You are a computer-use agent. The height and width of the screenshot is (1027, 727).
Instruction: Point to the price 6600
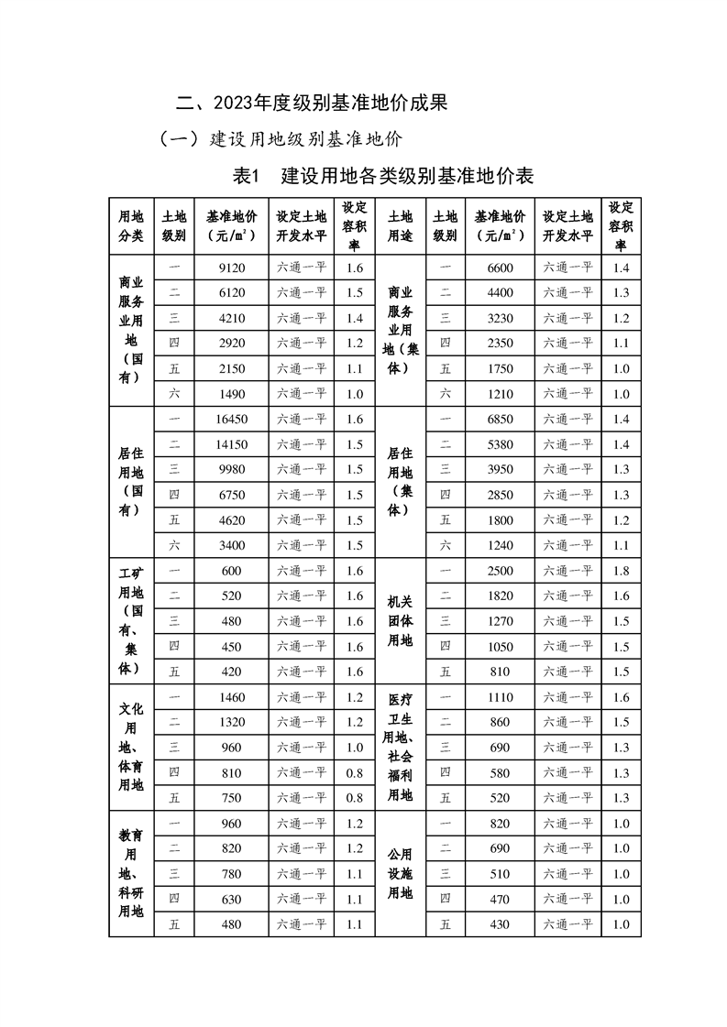[x=500, y=268]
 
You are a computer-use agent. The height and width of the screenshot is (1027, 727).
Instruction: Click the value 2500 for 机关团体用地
[x=500, y=571]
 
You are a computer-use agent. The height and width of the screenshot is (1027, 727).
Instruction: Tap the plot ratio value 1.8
[x=621, y=571]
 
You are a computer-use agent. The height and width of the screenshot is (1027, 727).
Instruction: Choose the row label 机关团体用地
[x=401, y=620]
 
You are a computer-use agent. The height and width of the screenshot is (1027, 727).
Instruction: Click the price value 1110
[x=500, y=697]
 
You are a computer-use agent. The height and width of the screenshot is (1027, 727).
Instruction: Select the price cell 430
[x=500, y=924]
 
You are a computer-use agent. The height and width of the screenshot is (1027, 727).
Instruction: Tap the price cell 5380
[x=500, y=444]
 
